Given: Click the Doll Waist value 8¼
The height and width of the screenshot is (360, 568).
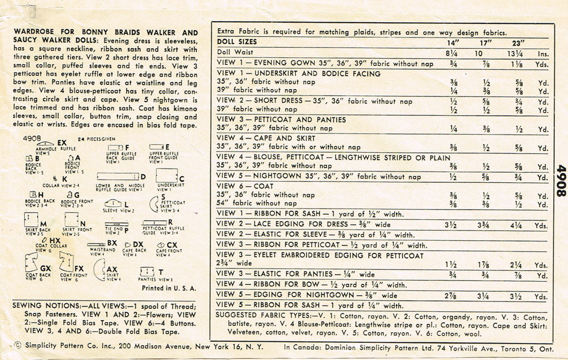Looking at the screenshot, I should coord(452,53).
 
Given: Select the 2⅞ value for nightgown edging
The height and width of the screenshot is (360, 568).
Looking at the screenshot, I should coord(452,296).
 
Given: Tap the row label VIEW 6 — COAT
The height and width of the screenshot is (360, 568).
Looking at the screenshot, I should coord(245,186).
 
